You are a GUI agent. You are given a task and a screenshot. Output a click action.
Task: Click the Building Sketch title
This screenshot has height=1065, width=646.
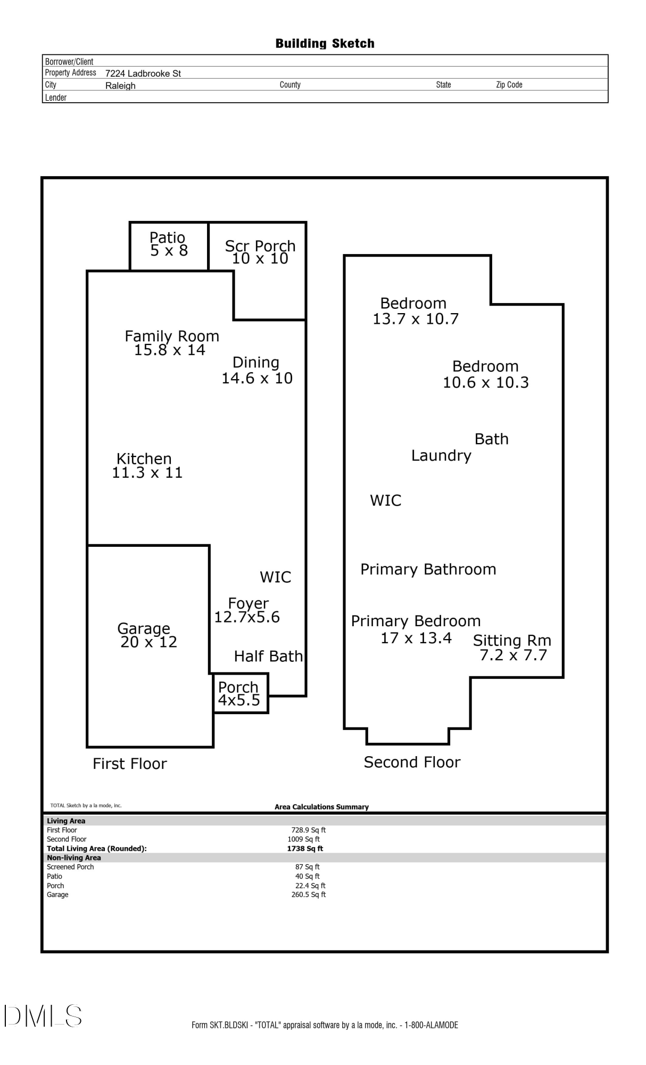tap(325, 44)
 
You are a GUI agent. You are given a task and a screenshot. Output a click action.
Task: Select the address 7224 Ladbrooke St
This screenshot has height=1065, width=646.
tap(143, 73)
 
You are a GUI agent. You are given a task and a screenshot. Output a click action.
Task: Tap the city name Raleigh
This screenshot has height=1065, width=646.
tap(120, 86)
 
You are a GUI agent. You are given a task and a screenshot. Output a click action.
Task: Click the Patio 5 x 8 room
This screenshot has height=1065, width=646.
tap(169, 246)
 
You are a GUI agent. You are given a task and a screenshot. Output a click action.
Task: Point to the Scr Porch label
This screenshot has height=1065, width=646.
tap(260, 246)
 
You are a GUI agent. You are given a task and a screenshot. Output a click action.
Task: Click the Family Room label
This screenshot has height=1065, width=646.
tap(172, 336)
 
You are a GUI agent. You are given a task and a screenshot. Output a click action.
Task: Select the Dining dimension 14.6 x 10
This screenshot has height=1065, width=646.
tap(257, 378)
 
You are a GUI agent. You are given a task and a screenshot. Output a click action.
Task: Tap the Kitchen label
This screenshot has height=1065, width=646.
tap(144, 458)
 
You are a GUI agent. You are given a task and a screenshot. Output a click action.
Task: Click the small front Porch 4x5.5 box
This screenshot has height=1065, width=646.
tap(241, 693)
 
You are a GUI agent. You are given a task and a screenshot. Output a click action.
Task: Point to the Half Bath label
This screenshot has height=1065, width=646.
tap(268, 656)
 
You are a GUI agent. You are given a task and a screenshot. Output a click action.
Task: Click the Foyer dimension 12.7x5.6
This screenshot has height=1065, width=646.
tap(247, 617)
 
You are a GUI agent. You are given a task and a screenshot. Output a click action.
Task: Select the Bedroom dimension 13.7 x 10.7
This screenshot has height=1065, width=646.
tap(416, 319)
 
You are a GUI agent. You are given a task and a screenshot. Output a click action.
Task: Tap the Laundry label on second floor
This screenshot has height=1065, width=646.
tap(441, 456)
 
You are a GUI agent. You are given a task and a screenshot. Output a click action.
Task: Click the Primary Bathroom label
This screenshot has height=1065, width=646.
tap(428, 569)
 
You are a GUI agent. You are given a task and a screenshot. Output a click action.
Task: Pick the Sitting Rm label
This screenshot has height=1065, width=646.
tap(512, 640)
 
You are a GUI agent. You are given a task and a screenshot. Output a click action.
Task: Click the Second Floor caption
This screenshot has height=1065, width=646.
tap(412, 762)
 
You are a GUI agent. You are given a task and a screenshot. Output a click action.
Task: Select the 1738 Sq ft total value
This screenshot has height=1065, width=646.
tap(305, 848)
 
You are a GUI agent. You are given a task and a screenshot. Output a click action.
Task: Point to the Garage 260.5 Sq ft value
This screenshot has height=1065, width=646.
tap(309, 895)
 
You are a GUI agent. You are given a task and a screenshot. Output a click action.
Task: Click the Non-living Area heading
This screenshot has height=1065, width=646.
tap(74, 858)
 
